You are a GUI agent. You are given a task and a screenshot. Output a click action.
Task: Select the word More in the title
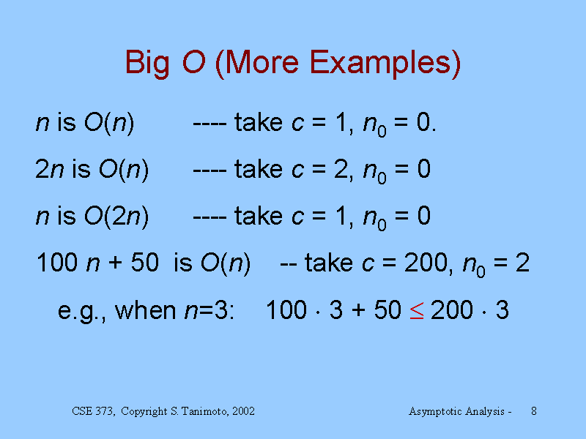pyautogui.click(x=262, y=62)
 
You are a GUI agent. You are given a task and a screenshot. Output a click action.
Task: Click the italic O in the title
pyautogui.click(x=193, y=62)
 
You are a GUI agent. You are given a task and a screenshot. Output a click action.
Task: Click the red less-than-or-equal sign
pyautogui.click(x=417, y=310)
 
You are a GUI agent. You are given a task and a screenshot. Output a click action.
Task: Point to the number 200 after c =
pyautogui.click(x=426, y=263)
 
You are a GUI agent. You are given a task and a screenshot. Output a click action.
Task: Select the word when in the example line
pyautogui.click(x=145, y=309)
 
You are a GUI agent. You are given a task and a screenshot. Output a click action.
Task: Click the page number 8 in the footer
pyautogui.click(x=534, y=411)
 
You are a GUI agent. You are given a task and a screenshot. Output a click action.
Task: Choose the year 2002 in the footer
pyautogui.click(x=243, y=411)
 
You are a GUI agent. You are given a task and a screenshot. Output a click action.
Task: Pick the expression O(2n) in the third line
pyautogui.click(x=116, y=216)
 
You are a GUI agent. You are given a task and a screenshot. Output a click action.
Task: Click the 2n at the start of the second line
pyautogui.click(x=49, y=169)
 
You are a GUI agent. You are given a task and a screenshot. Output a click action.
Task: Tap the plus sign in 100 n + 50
pyautogui.click(x=115, y=263)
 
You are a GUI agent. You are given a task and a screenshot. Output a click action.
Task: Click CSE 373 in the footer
pyautogui.click(x=93, y=411)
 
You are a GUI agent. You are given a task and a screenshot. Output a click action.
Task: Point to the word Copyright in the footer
pyautogui.click(x=144, y=412)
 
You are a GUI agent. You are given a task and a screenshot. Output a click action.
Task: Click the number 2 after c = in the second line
pyautogui.click(x=341, y=169)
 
